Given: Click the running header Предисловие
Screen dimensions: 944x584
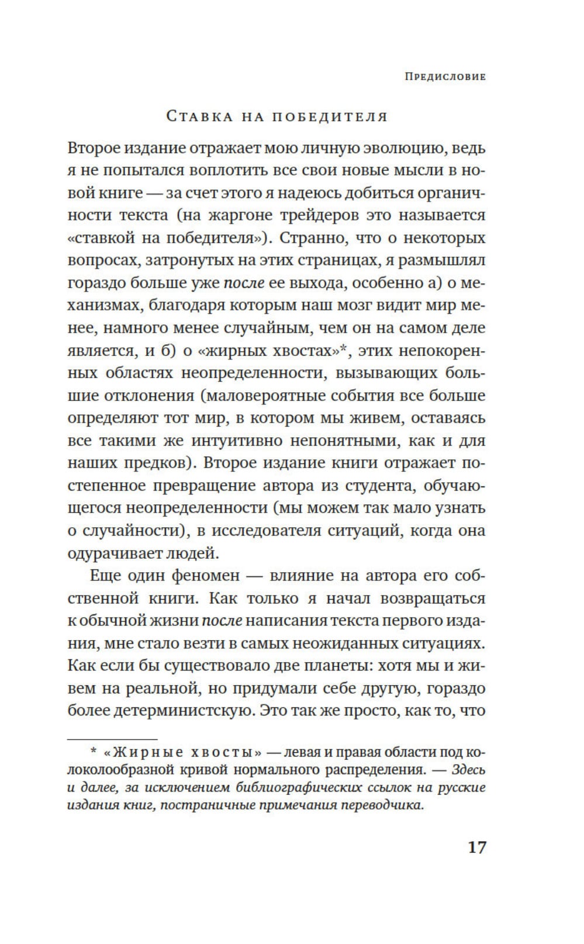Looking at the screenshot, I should coord(445,77).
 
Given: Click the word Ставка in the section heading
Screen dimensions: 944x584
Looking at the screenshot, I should coord(195,116).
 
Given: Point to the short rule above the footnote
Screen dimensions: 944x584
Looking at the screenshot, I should coord(112,739).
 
